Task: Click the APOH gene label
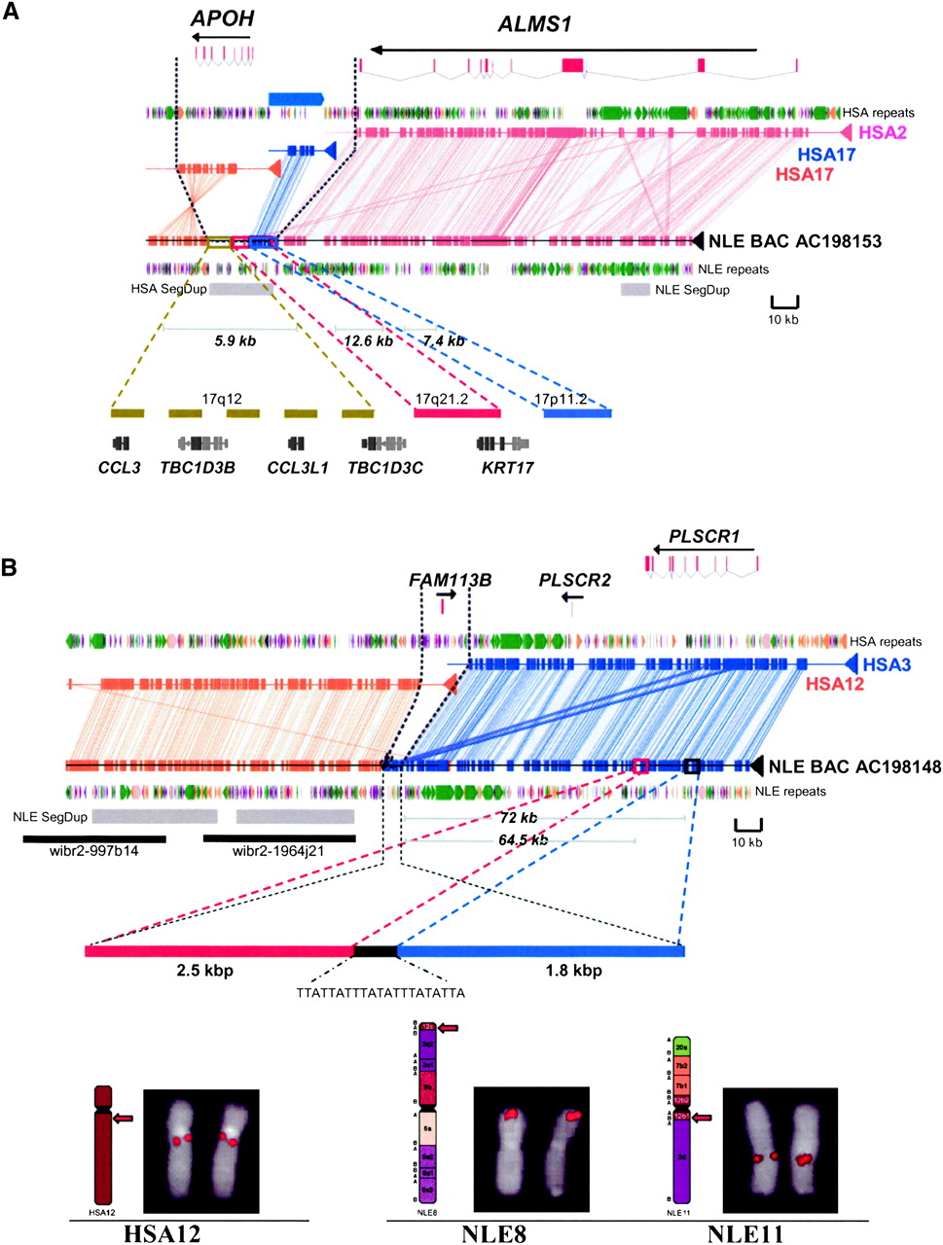[x=222, y=18]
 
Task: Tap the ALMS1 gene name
[x=534, y=23]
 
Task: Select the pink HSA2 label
[x=883, y=132]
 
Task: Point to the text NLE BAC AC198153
[x=795, y=241]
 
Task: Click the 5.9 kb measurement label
[x=235, y=341]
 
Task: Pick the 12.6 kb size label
[x=368, y=341]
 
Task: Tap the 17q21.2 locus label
[x=441, y=399]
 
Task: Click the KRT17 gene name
[x=507, y=467]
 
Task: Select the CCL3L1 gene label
[x=298, y=467]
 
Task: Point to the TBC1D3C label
[x=385, y=467]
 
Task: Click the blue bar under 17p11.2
[x=577, y=413]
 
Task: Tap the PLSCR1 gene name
[x=704, y=536]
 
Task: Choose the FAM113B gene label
[x=450, y=581]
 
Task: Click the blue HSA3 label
[x=887, y=665]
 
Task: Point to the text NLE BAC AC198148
[x=854, y=767]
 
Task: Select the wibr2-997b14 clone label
[x=93, y=851]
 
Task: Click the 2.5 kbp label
[x=204, y=970]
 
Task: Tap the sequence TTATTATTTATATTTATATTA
[x=381, y=993]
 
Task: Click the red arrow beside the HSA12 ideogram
[x=124, y=1120]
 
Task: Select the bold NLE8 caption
[x=494, y=1234]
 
